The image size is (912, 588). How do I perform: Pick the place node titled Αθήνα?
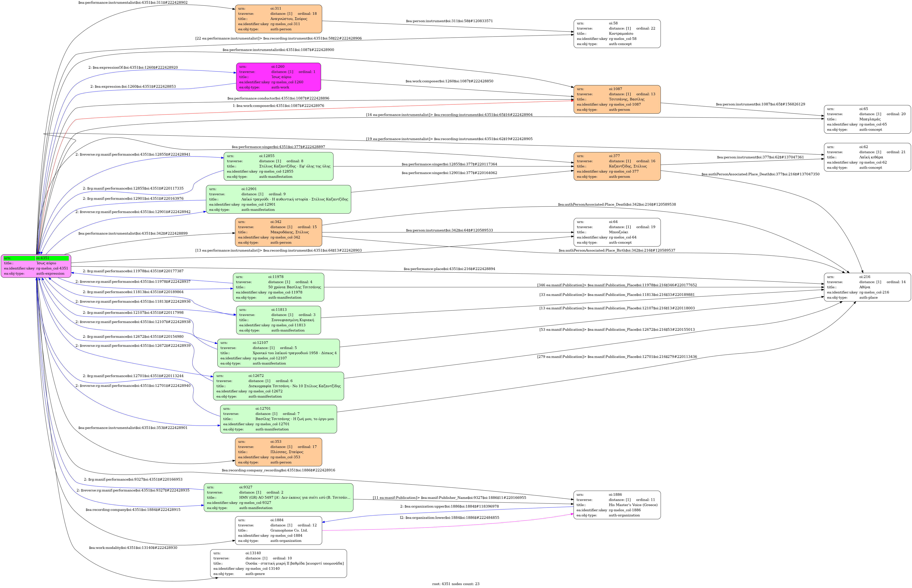click(x=867, y=287)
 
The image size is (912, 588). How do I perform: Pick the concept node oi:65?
click(x=867, y=119)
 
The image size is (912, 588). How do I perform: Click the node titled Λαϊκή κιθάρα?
click(x=867, y=157)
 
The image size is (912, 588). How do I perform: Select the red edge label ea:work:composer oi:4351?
click(x=279, y=106)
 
